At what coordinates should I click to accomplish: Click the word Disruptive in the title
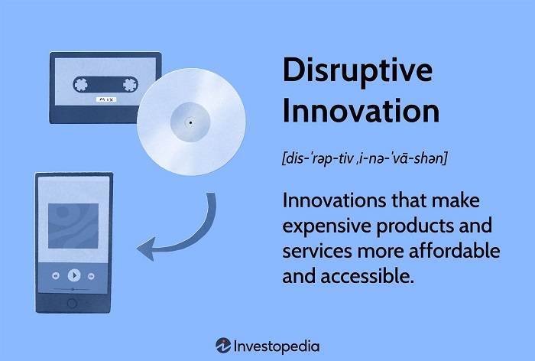(x=357, y=70)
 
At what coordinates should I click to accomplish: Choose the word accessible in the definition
(x=364, y=276)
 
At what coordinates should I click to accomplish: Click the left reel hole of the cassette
(x=81, y=83)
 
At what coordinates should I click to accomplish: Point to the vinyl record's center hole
(x=190, y=122)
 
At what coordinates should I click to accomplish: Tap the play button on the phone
(x=73, y=275)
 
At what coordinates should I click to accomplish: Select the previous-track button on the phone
(x=56, y=275)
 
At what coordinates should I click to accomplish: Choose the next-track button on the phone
(x=91, y=275)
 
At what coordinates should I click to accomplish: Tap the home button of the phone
(x=73, y=304)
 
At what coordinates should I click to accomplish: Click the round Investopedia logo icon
(x=223, y=345)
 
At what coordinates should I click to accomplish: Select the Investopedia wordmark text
(x=278, y=345)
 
